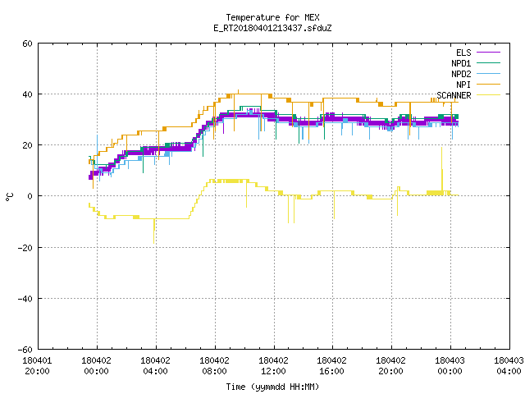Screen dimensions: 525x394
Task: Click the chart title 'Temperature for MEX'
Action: [x=272, y=17]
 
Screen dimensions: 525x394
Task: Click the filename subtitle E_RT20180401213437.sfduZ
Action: [x=272, y=28]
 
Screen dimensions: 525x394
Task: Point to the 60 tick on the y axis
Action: [x=27, y=44]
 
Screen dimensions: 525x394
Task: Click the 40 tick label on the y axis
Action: [x=27, y=94]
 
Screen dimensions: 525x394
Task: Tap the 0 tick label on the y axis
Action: [x=30, y=196]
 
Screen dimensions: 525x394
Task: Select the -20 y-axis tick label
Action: [x=25, y=248]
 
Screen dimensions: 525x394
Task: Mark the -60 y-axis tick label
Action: [x=25, y=350]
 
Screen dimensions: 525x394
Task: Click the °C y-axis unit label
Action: [x=10, y=197]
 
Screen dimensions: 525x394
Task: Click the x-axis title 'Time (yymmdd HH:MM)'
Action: [x=272, y=387]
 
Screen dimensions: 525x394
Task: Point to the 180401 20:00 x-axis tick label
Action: [x=37, y=366]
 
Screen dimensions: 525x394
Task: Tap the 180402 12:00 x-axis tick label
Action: [x=273, y=366]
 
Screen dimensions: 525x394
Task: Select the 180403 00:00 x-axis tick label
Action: [x=450, y=366]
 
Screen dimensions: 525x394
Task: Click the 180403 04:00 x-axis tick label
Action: [x=509, y=366]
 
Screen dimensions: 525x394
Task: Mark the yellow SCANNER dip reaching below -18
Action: [x=154, y=231]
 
